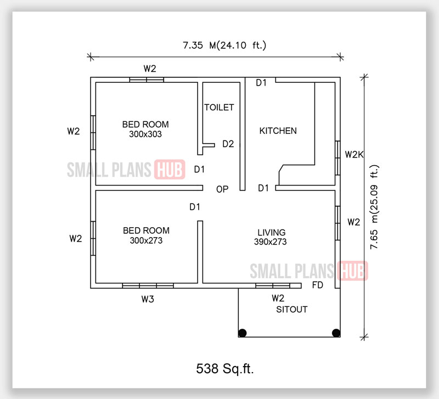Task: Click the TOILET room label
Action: click(219, 107)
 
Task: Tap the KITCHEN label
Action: click(278, 131)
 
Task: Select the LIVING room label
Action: click(271, 232)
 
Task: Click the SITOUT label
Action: click(292, 310)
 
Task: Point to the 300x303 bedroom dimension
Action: click(145, 134)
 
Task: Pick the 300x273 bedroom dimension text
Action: click(146, 240)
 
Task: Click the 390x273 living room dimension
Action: click(270, 241)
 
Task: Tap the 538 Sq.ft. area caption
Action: click(225, 368)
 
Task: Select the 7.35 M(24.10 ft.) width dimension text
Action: click(224, 45)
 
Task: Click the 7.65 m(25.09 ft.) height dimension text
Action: click(374, 207)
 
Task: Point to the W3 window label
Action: click(148, 299)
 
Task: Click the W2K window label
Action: click(354, 154)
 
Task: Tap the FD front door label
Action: click(318, 285)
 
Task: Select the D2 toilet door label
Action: click(228, 144)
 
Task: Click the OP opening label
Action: click(222, 189)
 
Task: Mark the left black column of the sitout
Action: click(243, 333)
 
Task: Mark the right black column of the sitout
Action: click(336, 333)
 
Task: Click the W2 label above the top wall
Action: click(150, 69)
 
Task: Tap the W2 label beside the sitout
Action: click(278, 298)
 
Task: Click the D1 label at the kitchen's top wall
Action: click(261, 83)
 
